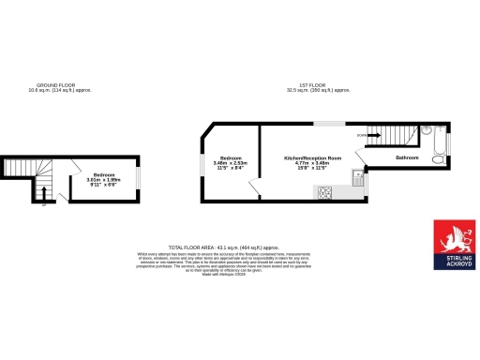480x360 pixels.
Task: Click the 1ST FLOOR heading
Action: pyautogui.click(x=322, y=84)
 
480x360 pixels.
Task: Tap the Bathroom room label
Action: pyautogui.click(x=408, y=157)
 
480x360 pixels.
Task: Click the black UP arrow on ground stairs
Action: pyautogui.click(x=42, y=195)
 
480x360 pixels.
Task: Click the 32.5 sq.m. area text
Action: pyautogui.click(x=322, y=90)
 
